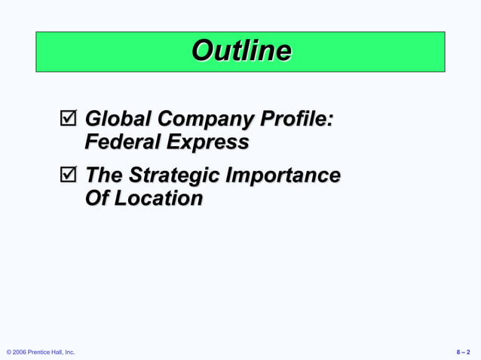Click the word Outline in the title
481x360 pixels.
(x=241, y=51)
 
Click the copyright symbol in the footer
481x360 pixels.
(x=8, y=352)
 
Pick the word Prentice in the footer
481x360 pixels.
(x=42, y=352)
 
